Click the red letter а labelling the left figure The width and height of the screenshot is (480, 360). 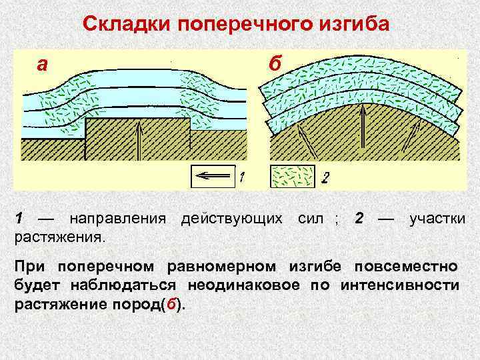pyautogui.click(x=42, y=64)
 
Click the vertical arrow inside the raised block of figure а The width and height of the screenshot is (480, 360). pyautogui.click(x=139, y=141)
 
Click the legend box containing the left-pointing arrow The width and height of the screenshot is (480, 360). pyautogui.click(x=213, y=177)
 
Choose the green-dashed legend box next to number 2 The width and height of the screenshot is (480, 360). pyautogui.click(x=292, y=177)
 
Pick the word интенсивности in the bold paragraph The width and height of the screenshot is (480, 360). pyautogui.click(x=399, y=286)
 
